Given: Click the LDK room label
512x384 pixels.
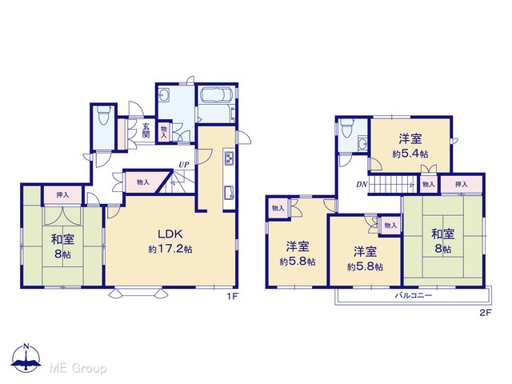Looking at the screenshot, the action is coord(170,234).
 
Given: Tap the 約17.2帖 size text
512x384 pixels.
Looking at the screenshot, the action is coord(170,250).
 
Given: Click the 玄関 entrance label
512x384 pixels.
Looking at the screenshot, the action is coord(146,130).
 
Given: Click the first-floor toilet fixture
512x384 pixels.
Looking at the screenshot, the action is coord(103,117).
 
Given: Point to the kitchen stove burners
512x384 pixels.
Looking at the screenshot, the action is coord(229,158).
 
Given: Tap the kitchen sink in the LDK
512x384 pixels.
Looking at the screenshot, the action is coord(229,193).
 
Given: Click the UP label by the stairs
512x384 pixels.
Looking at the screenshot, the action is coord(183,165).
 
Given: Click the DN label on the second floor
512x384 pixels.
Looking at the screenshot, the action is coord(362,185).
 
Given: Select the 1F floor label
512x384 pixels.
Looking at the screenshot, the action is coord(233,297).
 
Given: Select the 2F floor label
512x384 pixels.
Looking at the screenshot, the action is coord(486,313).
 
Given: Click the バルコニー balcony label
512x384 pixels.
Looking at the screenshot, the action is coord(414,295).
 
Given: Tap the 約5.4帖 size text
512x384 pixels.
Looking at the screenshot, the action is coord(410,154).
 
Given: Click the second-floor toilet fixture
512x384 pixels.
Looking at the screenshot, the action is coord(346,128).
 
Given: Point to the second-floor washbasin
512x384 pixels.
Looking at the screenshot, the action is coord(362,144).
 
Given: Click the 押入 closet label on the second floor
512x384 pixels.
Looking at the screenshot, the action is coord(461,185).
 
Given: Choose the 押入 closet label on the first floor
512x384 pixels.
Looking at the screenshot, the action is coord(62,195).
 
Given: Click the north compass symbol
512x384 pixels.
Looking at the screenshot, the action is coord(26,358).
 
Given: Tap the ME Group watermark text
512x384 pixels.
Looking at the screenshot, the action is coord(78,368).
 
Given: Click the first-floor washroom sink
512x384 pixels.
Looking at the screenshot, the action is coord(163,95).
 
